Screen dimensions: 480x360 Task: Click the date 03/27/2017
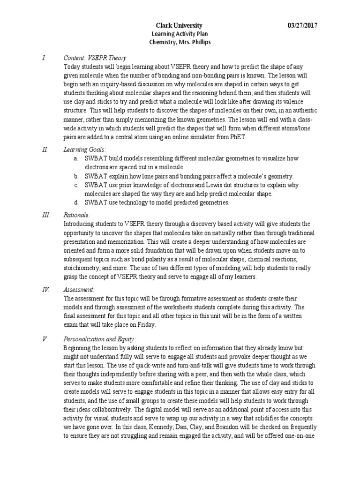(304, 25)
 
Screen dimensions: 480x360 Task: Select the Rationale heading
(76, 215)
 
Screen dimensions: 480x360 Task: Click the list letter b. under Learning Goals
(76, 176)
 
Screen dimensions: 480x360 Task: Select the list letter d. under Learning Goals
(76, 202)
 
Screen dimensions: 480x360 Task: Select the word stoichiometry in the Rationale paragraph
(80, 268)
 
